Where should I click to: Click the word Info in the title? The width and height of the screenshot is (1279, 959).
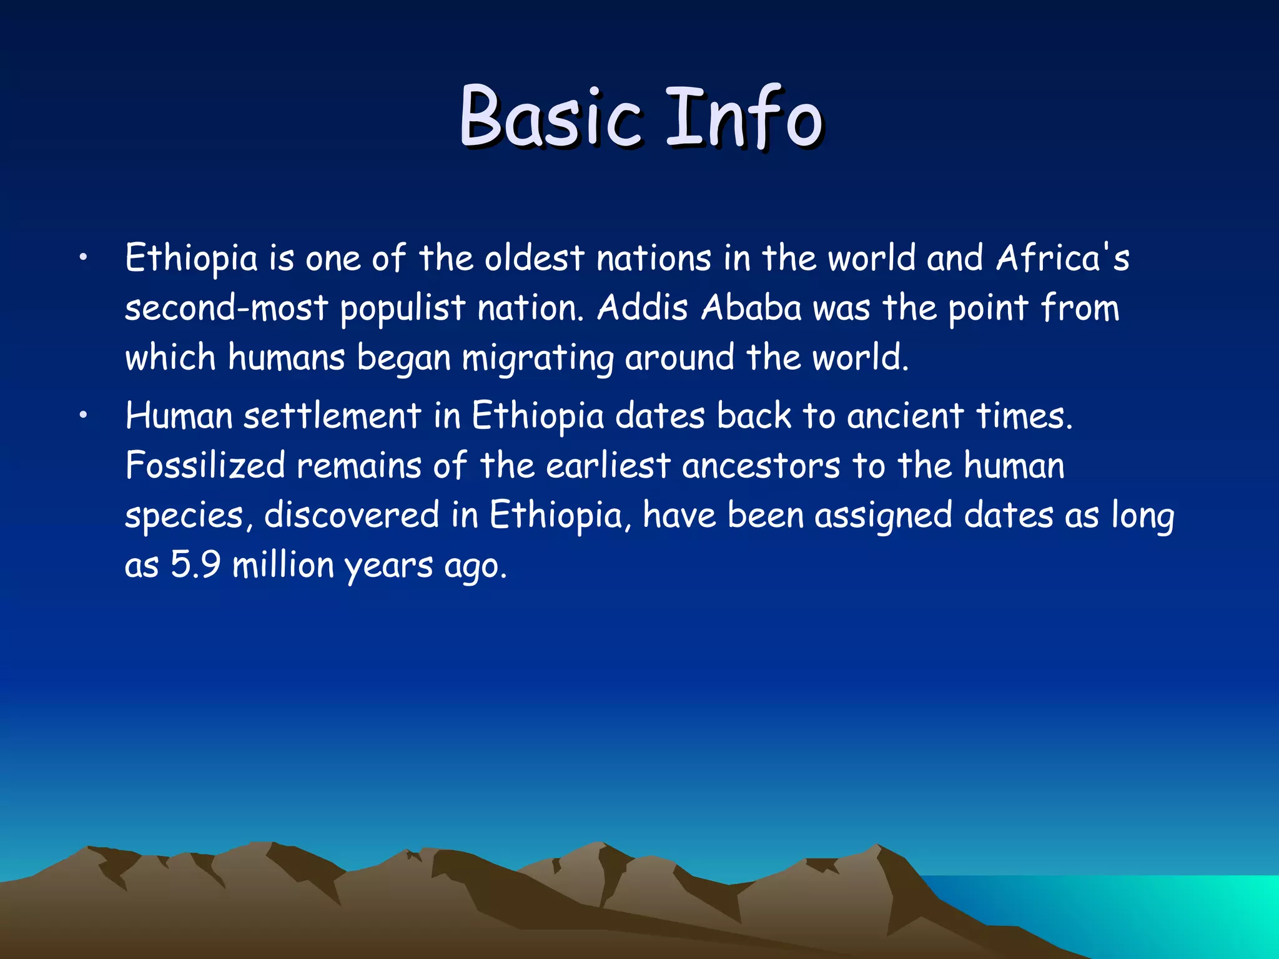point(743,117)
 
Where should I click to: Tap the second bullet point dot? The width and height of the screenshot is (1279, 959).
point(82,416)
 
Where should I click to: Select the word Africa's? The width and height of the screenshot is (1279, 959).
point(1062,258)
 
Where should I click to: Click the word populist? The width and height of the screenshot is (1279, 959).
point(403,308)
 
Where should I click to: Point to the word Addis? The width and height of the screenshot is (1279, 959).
point(642,308)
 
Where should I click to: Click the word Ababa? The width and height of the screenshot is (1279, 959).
point(751,308)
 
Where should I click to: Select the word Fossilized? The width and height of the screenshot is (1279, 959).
point(205,466)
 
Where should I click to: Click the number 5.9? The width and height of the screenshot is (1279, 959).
point(195,565)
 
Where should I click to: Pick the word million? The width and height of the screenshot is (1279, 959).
point(283,565)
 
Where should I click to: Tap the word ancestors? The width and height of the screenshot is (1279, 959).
point(761,466)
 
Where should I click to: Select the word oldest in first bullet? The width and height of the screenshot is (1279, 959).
point(534,258)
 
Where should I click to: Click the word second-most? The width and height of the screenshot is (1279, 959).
point(226,308)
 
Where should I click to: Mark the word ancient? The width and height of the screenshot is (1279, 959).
point(905,416)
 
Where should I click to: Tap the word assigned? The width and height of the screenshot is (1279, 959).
point(883,516)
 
